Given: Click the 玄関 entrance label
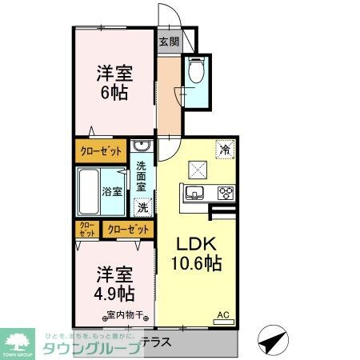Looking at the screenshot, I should [169, 42].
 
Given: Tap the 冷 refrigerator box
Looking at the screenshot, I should [225, 150].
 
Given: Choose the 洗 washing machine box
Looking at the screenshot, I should [142, 206].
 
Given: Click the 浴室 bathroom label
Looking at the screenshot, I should [112, 192].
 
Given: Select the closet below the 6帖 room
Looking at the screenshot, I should [101, 150].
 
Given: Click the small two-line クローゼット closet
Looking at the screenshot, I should [86, 230].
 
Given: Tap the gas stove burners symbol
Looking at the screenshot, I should [226, 192].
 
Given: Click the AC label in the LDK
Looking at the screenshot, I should [224, 317].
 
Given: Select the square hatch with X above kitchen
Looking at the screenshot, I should [197, 169].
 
